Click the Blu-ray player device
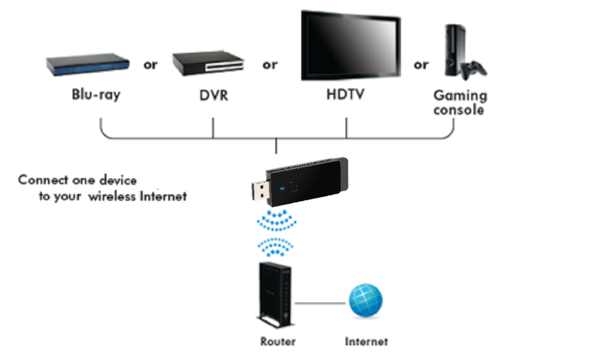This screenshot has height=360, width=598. pyautogui.click(x=88, y=64)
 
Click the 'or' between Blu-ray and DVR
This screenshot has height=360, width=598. pyautogui.click(x=150, y=65)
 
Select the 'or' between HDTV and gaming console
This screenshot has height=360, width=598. pyautogui.click(x=421, y=65)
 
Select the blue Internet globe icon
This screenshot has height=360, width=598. pyautogui.click(x=366, y=301)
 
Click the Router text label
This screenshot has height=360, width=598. pyautogui.click(x=278, y=341)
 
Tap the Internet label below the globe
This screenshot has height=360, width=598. pyautogui.click(x=366, y=341)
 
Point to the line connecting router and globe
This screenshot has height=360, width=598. pyautogui.click(x=321, y=303)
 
